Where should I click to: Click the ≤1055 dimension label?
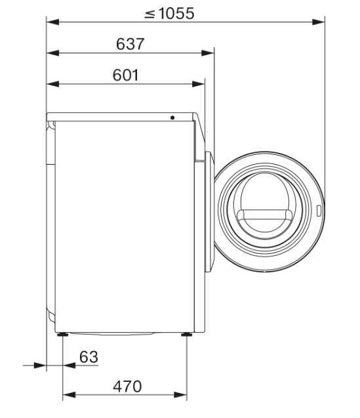pos(169,13)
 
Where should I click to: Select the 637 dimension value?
pos(130,44)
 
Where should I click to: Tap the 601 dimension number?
pos(124,75)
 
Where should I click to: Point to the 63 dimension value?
pos(88,356)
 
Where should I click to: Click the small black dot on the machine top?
pos(172,117)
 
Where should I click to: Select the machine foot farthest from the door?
pos(63,335)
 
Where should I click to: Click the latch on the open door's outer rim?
pos(318,212)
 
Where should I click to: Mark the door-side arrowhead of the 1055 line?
pos(320,22)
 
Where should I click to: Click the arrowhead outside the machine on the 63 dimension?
pos(41,365)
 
